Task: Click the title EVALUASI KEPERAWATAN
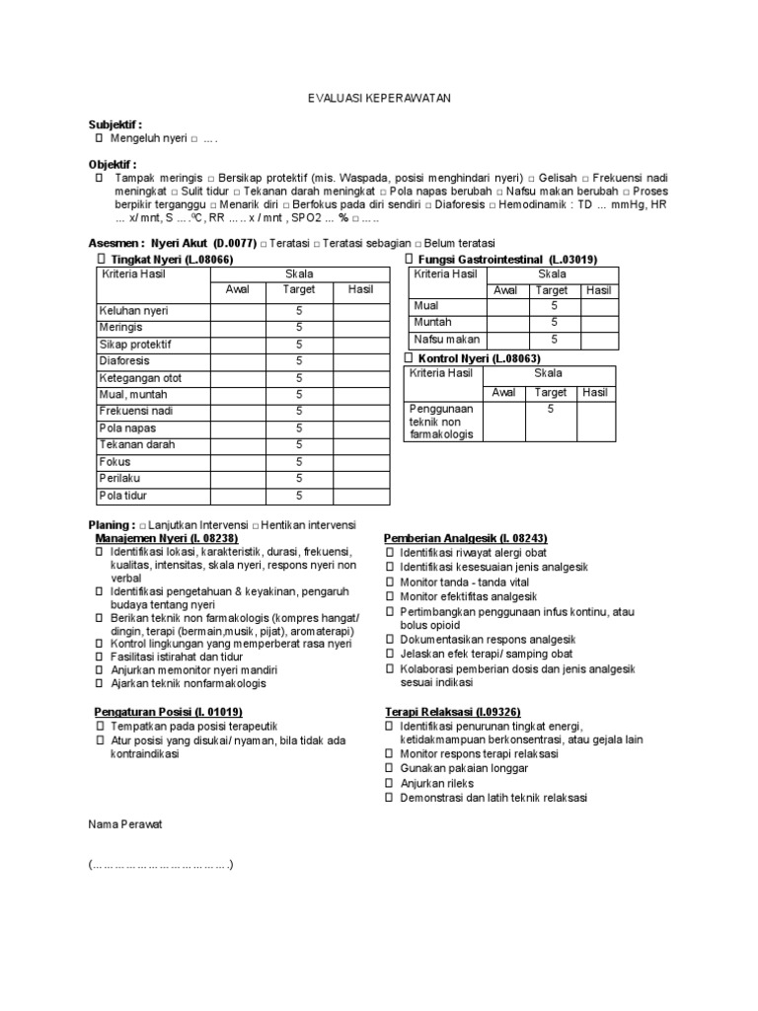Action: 378,100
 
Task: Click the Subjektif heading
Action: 115,125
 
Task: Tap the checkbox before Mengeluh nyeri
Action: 98,139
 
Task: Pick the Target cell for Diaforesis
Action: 298,361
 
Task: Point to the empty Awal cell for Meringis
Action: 238,328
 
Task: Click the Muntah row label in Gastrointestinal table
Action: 433,322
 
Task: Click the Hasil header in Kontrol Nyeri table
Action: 595,392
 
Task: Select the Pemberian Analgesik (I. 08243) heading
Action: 463,538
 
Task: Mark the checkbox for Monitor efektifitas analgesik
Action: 390,596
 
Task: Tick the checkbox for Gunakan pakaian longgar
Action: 390,768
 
